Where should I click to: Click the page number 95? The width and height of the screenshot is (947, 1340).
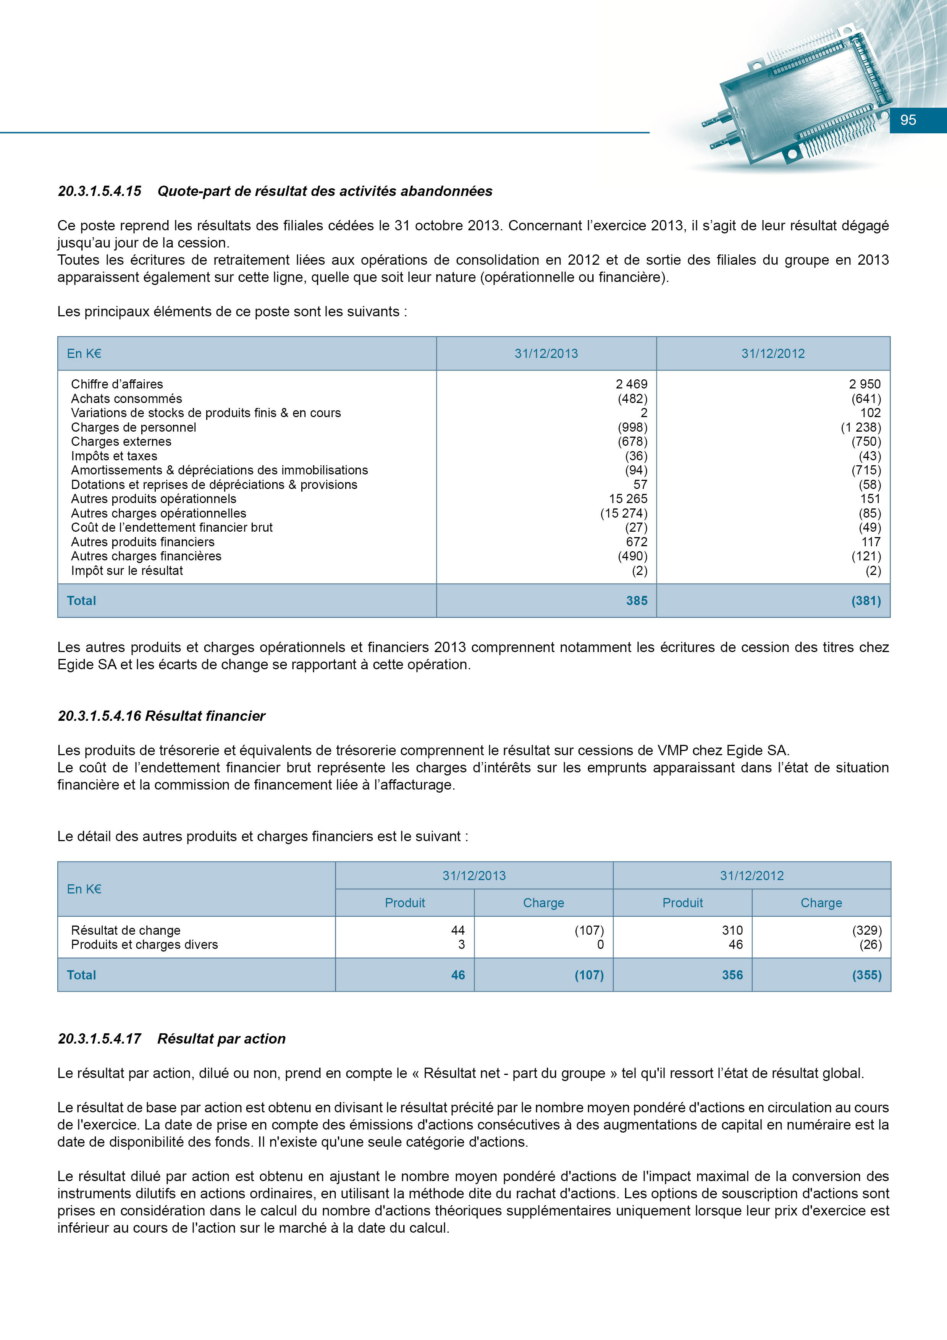pos(908,120)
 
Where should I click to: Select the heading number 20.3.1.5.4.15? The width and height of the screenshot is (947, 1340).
pos(100,191)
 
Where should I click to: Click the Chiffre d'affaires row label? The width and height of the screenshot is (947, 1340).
pos(117,384)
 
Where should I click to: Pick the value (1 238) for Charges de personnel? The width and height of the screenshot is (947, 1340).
pos(861,427)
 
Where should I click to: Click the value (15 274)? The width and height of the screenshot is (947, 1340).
pos(624,514)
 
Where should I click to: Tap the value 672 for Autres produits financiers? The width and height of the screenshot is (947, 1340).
pos(637,542)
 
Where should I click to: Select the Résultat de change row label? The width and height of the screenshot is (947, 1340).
pos(126,930)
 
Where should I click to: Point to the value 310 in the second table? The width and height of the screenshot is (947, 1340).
pos(732,930)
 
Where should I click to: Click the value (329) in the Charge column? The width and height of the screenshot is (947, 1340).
pos(867,930)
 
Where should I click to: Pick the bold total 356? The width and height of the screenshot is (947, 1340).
pos(732,975)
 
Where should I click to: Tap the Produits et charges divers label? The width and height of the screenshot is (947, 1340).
pos(144,945)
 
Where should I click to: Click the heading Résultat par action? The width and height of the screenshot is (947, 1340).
pos(222,1039)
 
